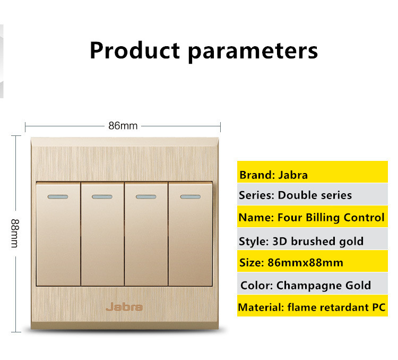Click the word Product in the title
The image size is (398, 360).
click(135, 50)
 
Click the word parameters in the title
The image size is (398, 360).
click(253, 52)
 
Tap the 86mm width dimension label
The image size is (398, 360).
click(123, 126)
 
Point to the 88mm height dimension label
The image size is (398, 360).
click(15, 233)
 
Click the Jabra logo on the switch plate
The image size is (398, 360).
click(124, 307)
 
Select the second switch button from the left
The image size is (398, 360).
click(102, 234)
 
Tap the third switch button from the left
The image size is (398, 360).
click(146, 234)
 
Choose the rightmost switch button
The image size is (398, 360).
click(191, 234)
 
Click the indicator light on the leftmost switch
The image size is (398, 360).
click(58, 196)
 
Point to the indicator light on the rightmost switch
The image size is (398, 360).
click(191, 196)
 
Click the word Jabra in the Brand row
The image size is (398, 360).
click(293, 175)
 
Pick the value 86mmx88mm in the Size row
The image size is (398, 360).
click(305, 262)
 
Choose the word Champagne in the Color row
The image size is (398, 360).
click(309, 286)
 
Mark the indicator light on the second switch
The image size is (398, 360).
click(102, 196)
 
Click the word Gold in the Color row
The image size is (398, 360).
click(358, 285)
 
